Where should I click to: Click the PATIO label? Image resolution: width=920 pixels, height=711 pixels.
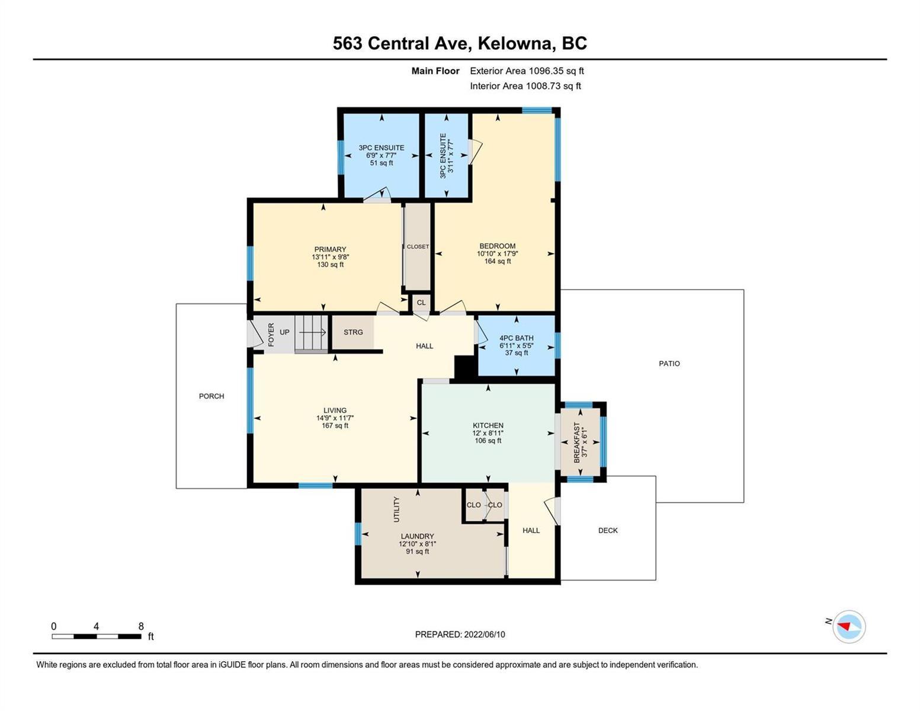pos(669,363)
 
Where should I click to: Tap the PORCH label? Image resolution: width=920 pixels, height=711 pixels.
pos(211,396)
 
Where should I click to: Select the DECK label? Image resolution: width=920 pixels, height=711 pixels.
pos(608,530)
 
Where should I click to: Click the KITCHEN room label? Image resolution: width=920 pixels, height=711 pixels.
pos(488,425)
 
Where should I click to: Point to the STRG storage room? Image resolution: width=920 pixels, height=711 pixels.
pos(352,332)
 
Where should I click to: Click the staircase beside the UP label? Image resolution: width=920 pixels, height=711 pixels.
pos(311,334)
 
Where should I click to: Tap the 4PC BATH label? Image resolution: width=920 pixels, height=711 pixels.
pos(516,338)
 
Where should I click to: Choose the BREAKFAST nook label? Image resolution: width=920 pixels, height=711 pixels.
pos(576,442)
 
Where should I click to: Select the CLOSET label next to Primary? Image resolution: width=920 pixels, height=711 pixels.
pos(418,246)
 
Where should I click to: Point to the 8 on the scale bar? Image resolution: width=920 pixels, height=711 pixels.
pos(141,626)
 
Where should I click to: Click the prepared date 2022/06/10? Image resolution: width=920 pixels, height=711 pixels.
pos(485,635)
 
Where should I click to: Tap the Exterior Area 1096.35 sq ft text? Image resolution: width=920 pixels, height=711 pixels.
pos(527,71)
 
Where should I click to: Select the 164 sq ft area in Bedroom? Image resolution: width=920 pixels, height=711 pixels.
pos(498,261)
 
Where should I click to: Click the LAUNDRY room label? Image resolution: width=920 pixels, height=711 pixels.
pos(417,536)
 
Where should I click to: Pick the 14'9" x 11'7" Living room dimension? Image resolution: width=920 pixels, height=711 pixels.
pos(335,418)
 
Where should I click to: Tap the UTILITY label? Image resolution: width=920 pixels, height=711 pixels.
pos(396,510)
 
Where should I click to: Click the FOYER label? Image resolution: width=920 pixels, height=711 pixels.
pos(271,335)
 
